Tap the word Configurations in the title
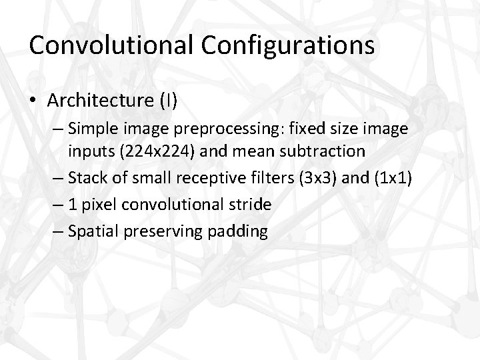(288, 45)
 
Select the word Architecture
(101, 101)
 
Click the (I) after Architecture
(168, 101)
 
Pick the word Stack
(85, 178)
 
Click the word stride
(249, 205)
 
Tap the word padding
(237, 231)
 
